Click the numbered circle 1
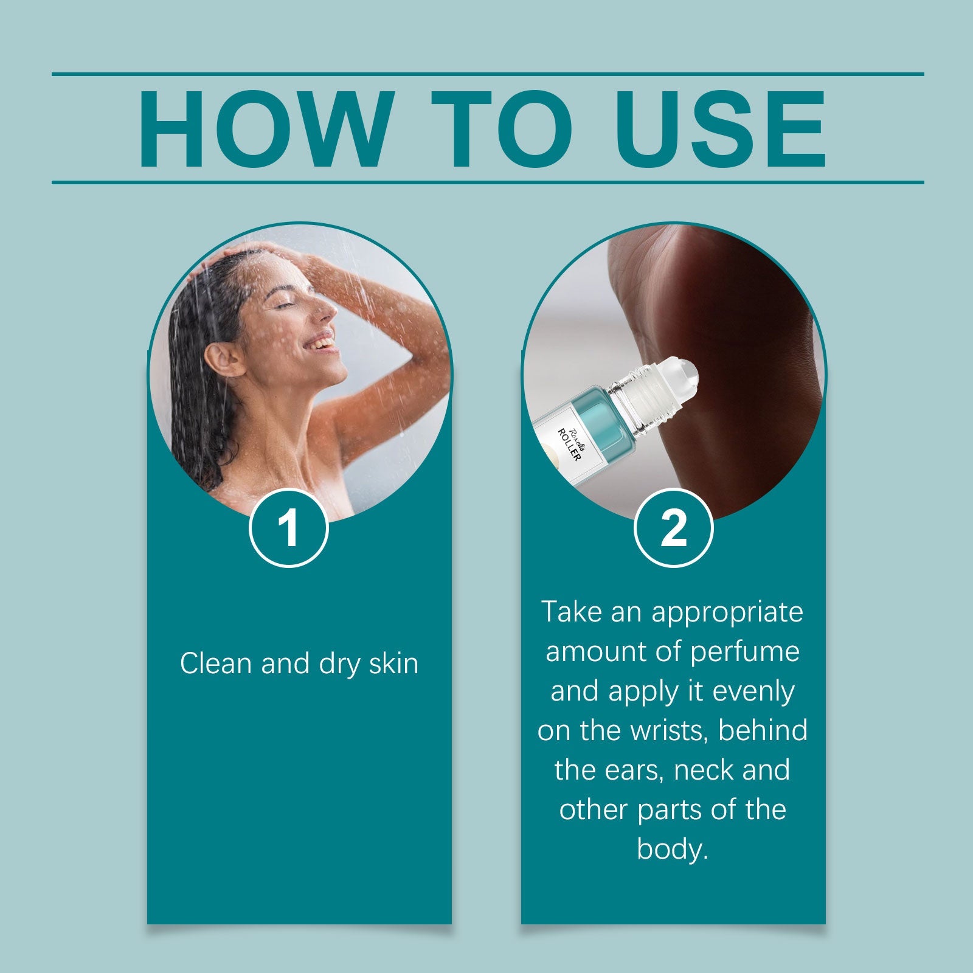click(x=289, y=528)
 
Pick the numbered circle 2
click(x=673, y=528)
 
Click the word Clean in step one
click(x=216, y=663)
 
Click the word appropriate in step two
click(x=728, y=612)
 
